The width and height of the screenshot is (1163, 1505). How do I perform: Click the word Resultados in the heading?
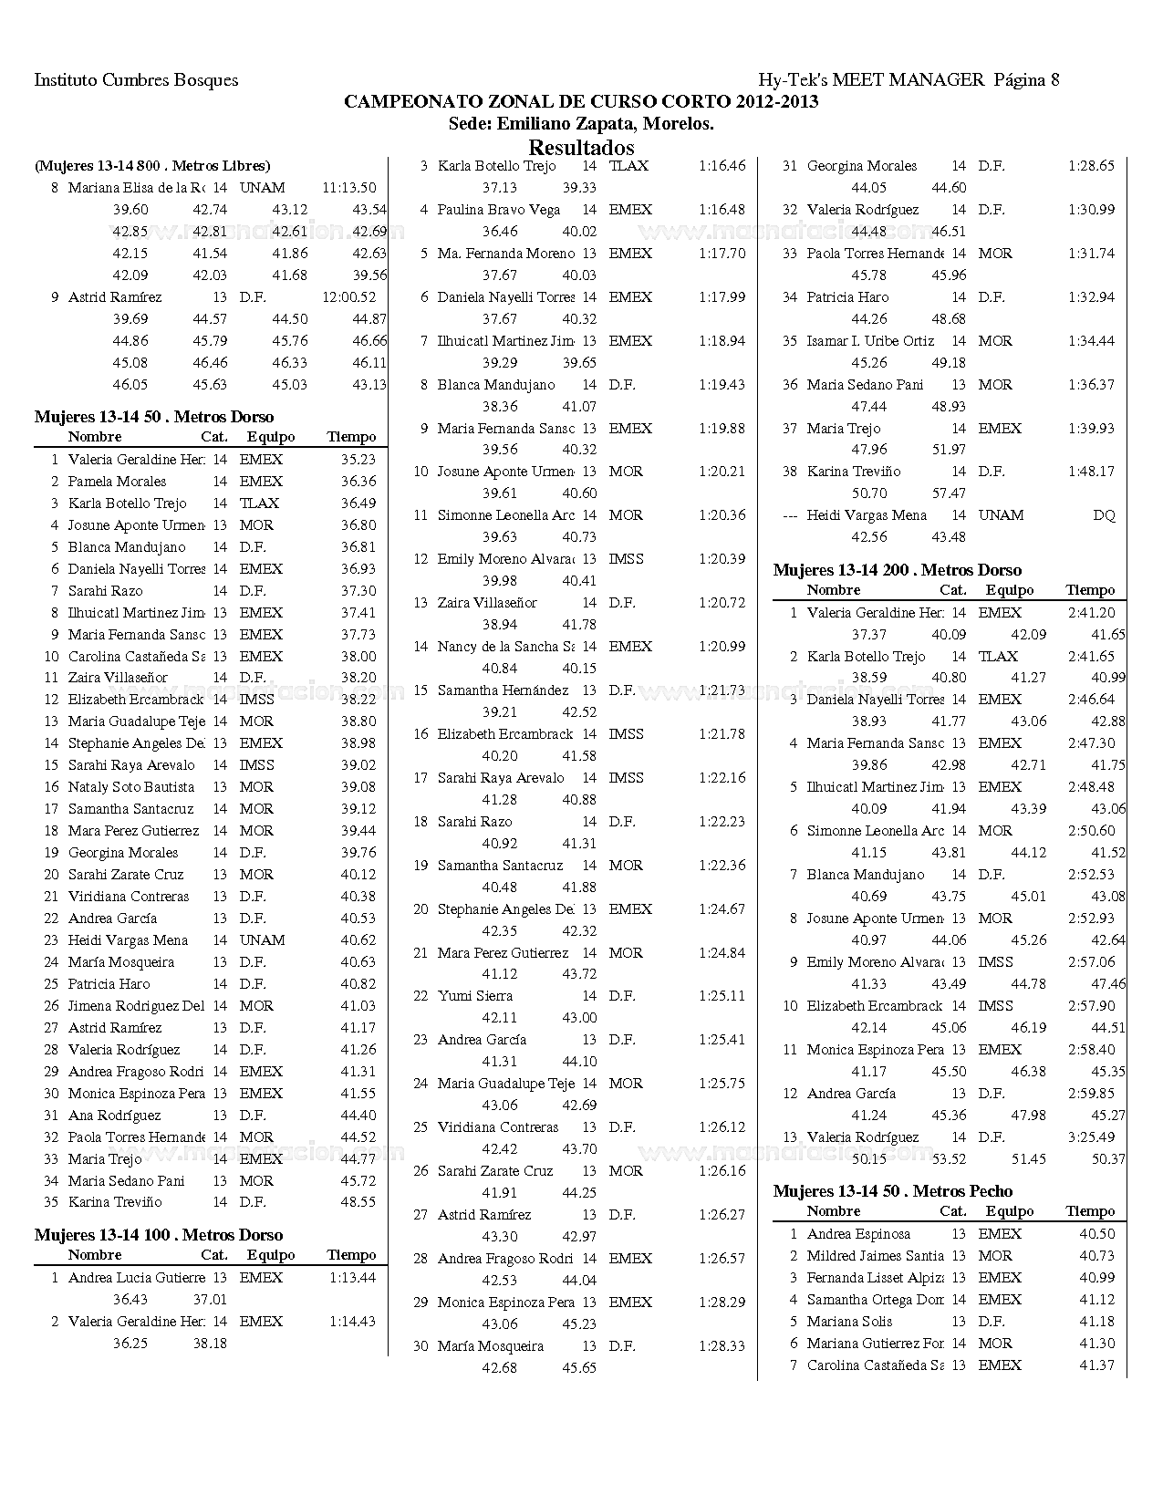click(x=581, y=148)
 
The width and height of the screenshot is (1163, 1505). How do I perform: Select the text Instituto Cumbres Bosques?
click(x=136, y=79)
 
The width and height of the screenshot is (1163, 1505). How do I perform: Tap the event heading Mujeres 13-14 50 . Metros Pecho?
click(x=892, y=1191)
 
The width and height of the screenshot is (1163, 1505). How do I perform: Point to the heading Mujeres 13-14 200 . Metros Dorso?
click(x=897, y=570)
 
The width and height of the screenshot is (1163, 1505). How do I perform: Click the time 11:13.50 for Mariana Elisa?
click(x=348, y=188)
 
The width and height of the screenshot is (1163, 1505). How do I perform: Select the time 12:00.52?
click(x=348, y=297)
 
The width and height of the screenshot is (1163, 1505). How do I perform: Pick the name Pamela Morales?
click(x=117, y=482)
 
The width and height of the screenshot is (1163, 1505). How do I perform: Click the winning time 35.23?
click(x=358, y=460)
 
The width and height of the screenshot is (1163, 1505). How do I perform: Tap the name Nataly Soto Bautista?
click(x=131, y=787)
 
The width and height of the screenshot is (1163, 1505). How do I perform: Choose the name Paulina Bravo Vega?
click(x=499, y=210)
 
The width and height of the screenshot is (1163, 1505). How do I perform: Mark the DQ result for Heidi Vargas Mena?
click(x=1104, y=515)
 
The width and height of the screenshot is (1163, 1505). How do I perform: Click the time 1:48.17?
click(x=1091, y=472)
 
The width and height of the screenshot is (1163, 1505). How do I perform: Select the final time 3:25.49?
click(x=1091, y=1137)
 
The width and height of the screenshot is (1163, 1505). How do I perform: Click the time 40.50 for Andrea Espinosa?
click(x=1096, y=1234)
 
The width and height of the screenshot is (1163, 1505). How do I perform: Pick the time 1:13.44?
click(x=352, y=1278)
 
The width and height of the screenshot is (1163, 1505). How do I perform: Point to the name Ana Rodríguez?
click(x=114, y=1116)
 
